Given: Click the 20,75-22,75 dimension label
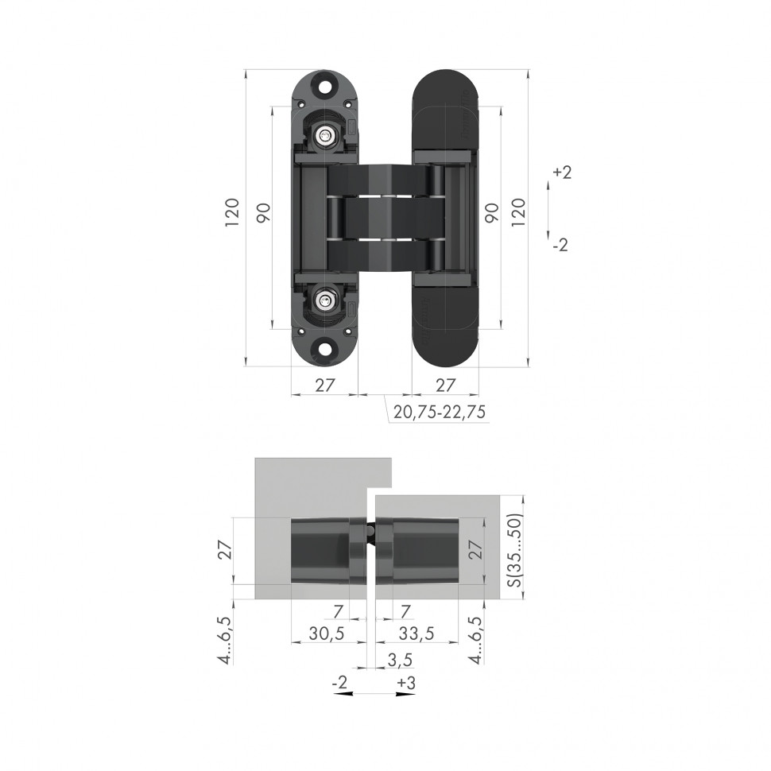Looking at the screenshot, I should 440,412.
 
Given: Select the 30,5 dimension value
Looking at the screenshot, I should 326,633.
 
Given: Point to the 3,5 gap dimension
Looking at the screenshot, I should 400,659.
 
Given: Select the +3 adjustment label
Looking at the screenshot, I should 406,683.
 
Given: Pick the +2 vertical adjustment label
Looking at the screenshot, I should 561,172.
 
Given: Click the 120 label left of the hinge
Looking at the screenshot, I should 231,213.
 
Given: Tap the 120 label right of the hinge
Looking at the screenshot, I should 517,213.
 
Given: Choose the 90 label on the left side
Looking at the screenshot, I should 263,213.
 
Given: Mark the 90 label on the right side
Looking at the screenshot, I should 491,213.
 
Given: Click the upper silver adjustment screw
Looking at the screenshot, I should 324,137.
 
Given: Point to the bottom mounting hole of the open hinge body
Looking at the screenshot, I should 324,347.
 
